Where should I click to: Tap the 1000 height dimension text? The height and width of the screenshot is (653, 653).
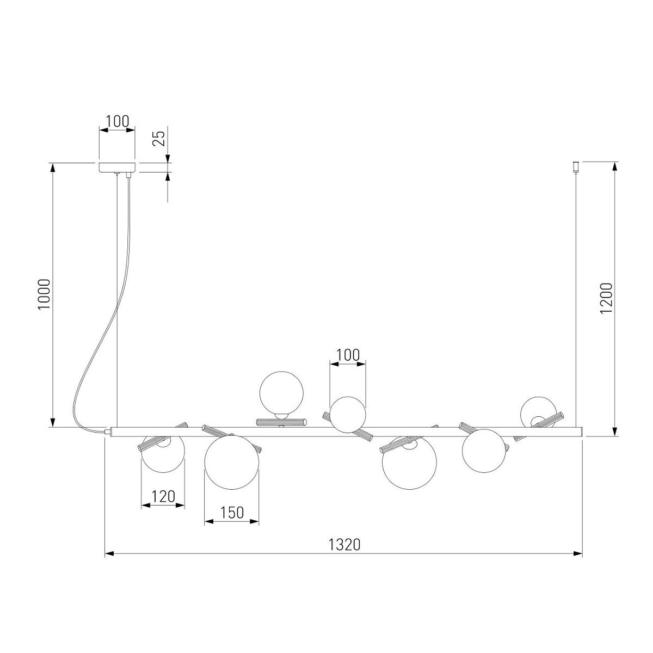click(x=45, y=294)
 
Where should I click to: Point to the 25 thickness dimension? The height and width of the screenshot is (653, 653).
click(x=158, y=138)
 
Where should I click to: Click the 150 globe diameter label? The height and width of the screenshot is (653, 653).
click(x=232, y=513)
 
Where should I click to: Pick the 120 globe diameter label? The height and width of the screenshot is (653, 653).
click(x=163, y=497)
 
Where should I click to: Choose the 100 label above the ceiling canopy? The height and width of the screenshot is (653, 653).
click(x=118, y=121)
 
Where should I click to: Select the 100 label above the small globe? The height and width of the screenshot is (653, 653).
click(x=348, y=355)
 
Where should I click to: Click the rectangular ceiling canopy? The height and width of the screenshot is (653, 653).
click(x=117, y=167)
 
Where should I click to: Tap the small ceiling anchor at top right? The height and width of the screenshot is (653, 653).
click(x=576, y=167)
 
